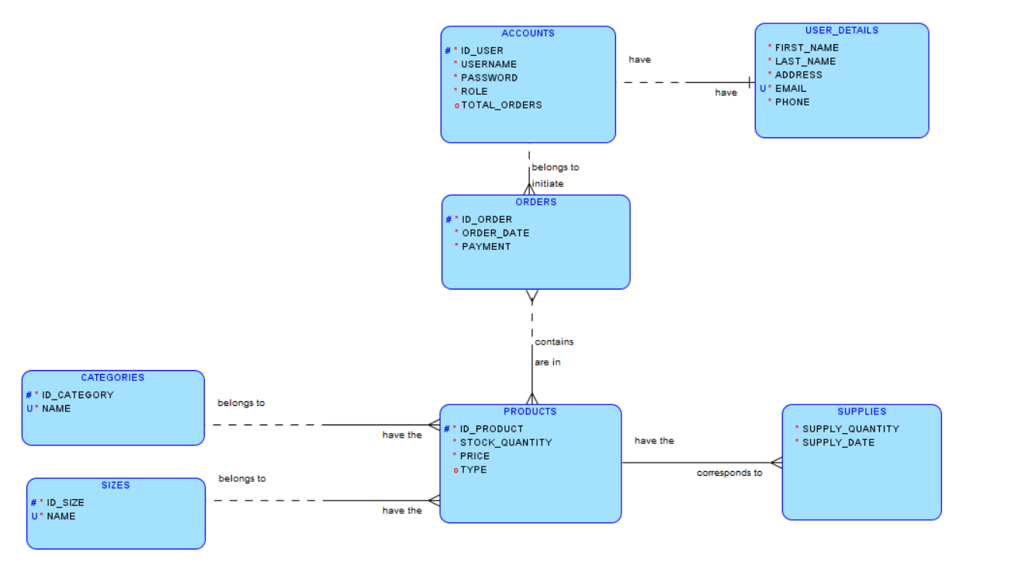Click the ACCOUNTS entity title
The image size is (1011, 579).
coord(528,33)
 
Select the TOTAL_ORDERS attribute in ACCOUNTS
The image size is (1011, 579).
coord(501,105)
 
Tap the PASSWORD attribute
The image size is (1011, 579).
coord(489,78)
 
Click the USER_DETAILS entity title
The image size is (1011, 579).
coord(841,30)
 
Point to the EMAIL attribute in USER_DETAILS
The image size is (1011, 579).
coord(791,88)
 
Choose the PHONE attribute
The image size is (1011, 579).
coord(791,102)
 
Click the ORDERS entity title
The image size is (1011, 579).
coord(535,202)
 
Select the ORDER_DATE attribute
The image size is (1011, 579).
coord(495,233)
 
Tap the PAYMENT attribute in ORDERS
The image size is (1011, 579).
coord(486,246)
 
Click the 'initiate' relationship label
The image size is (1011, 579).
coord(548,184)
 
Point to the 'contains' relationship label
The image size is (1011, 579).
coord(554,342)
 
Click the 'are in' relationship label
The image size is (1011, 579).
coord(547,362)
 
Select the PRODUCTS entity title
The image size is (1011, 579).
coord(530,411)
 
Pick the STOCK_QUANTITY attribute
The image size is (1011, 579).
coord(506,442)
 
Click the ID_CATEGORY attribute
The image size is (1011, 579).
coord(78,395)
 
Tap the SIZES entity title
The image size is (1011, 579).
coord(116,485)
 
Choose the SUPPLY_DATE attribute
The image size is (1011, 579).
coord(838,442)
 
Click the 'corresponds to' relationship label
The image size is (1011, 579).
coord(729,473)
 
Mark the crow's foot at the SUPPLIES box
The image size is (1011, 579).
coord(776,463)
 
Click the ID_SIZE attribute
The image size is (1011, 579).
coord(65,502)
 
